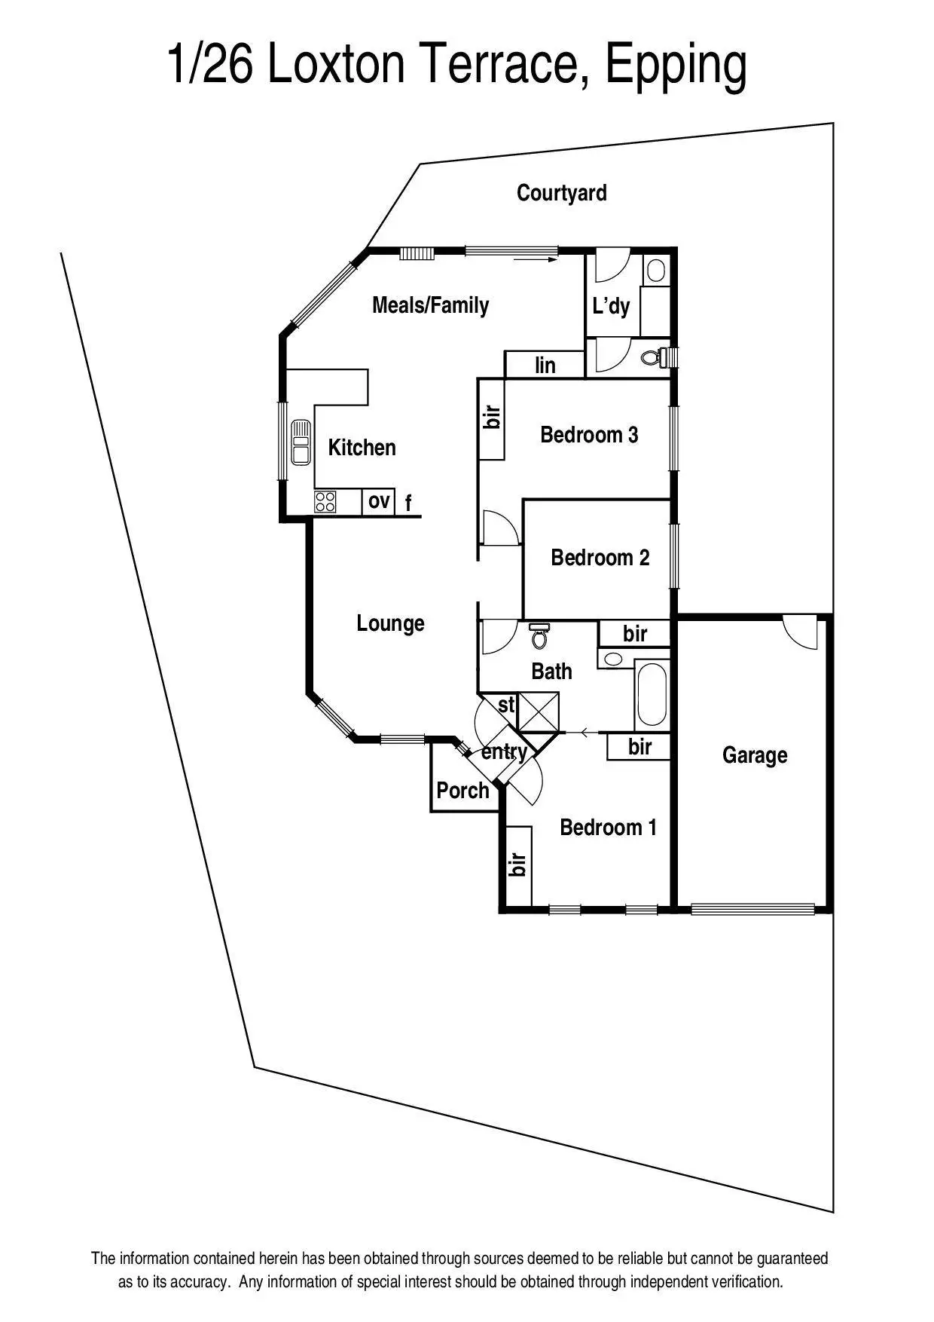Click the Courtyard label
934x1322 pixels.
[x=561, y=193]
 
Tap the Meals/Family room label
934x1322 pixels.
[x=430, y=305]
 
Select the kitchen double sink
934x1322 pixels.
[x=301, y=442]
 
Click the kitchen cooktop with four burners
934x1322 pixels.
[x=325, y=502]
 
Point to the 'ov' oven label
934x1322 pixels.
[x=379, y=500]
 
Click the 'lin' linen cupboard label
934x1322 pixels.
[x=545, y=366]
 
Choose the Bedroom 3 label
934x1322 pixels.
[x=589, y=435]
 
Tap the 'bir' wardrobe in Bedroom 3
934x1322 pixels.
[x=492, y=418]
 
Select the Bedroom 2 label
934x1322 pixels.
[x=600, y=558]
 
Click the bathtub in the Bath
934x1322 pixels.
[x=652, y=693]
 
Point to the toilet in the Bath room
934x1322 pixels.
[x=539, y=637]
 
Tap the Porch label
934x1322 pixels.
[x=462, y=791]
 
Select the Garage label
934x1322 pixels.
[x=754, y=755]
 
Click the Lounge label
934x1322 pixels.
[x=390, y=623]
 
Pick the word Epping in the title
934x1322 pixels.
[x=676, y=66]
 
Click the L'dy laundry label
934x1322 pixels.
[x=610, y=306]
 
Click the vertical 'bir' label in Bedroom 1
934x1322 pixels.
[x=517, y=865]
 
